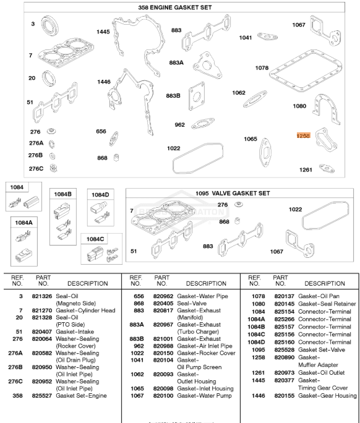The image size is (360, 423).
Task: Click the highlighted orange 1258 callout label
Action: point(303,135)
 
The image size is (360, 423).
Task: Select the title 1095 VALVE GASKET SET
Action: point(233,193)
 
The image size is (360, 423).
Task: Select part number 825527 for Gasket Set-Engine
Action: point(43,377)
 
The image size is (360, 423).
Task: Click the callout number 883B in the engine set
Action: point(173,95)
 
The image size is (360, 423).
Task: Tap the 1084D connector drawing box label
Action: point(100,194)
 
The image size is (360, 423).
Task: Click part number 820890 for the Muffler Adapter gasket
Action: point(283,357)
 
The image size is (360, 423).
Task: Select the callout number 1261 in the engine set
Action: point(306,169)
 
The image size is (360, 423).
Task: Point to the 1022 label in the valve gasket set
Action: point(296,210)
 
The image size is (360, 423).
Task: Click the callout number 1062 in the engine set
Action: point(239,93)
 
